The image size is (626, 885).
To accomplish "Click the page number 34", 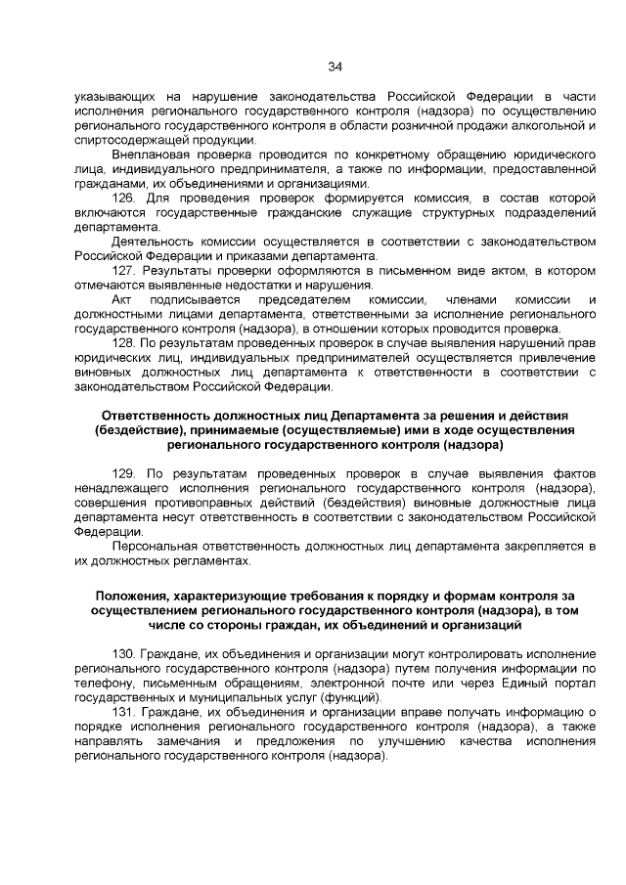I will (x=335, y=66).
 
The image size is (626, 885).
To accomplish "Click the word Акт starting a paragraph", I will (x=123, y=299).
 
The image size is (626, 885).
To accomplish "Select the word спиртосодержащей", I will (x=127, y=140).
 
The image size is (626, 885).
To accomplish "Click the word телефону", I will (x=101, y=683).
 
